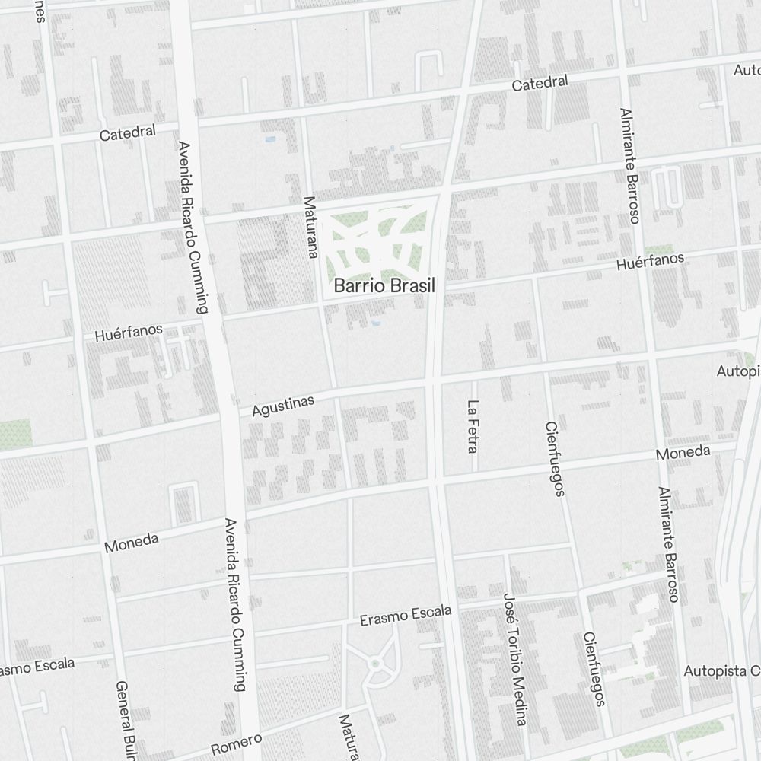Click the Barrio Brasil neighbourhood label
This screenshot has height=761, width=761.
[384, 287]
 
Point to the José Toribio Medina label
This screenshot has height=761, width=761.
[515, 659]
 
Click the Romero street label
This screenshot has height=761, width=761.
[236, 743]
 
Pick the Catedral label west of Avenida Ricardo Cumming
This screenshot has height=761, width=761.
[128, 133]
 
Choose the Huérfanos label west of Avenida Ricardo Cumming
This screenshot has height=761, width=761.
[129, 332]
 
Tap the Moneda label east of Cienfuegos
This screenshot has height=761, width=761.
[683, 453]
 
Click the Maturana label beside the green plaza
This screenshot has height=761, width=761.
[310, 228]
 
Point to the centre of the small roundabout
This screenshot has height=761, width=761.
[374, 664]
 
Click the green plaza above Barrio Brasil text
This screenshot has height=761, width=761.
[377, 240]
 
